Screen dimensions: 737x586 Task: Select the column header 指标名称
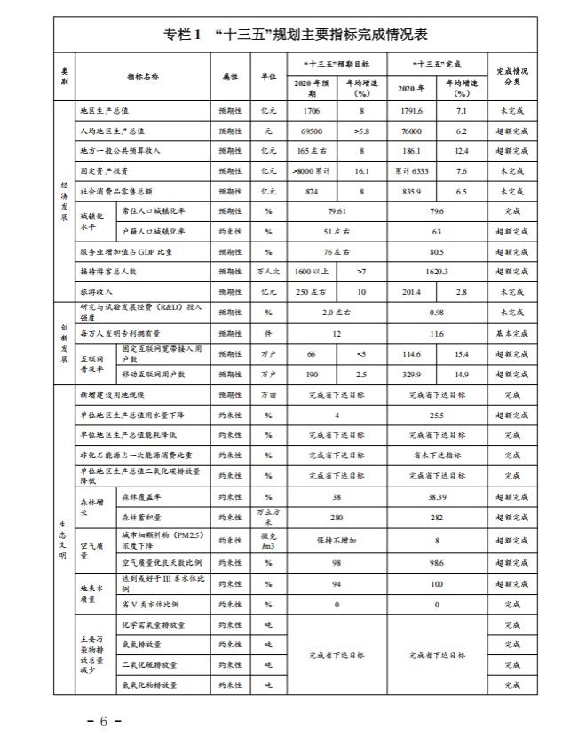tap(142, 77)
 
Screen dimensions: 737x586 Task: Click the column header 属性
tap(230, 77)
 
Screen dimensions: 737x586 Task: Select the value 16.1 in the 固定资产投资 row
tap(361, 170)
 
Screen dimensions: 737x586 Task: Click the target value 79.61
tap(336, 212)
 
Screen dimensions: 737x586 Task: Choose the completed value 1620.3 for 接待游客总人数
tap(436, 271)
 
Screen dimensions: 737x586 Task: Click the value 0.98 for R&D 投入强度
tap(436, 313)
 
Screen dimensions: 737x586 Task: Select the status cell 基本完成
tap(512, 334)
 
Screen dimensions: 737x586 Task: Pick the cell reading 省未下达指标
tap(436, 454)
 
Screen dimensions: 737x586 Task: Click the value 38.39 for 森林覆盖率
tap(436, 497)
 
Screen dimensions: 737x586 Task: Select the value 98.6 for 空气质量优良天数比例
tap(436, 564)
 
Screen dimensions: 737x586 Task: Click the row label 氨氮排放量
tap(141, 645)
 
